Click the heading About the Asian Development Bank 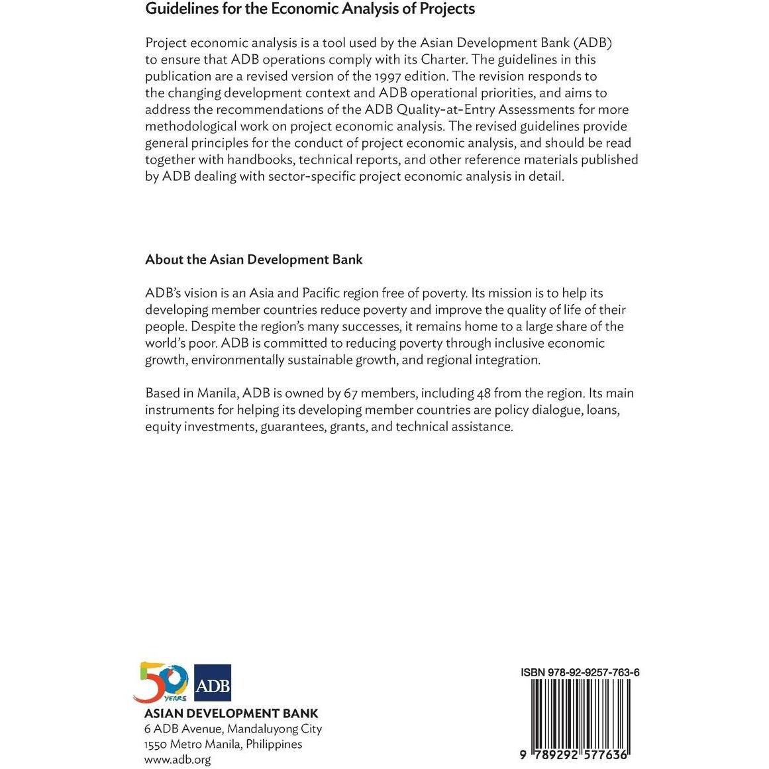point(254,260)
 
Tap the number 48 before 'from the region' point(484,393)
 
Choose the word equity point(163,427)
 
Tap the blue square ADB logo point(213,683)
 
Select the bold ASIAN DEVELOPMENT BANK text point(231,713)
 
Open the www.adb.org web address point(178,760)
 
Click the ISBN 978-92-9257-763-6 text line point(580,672)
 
